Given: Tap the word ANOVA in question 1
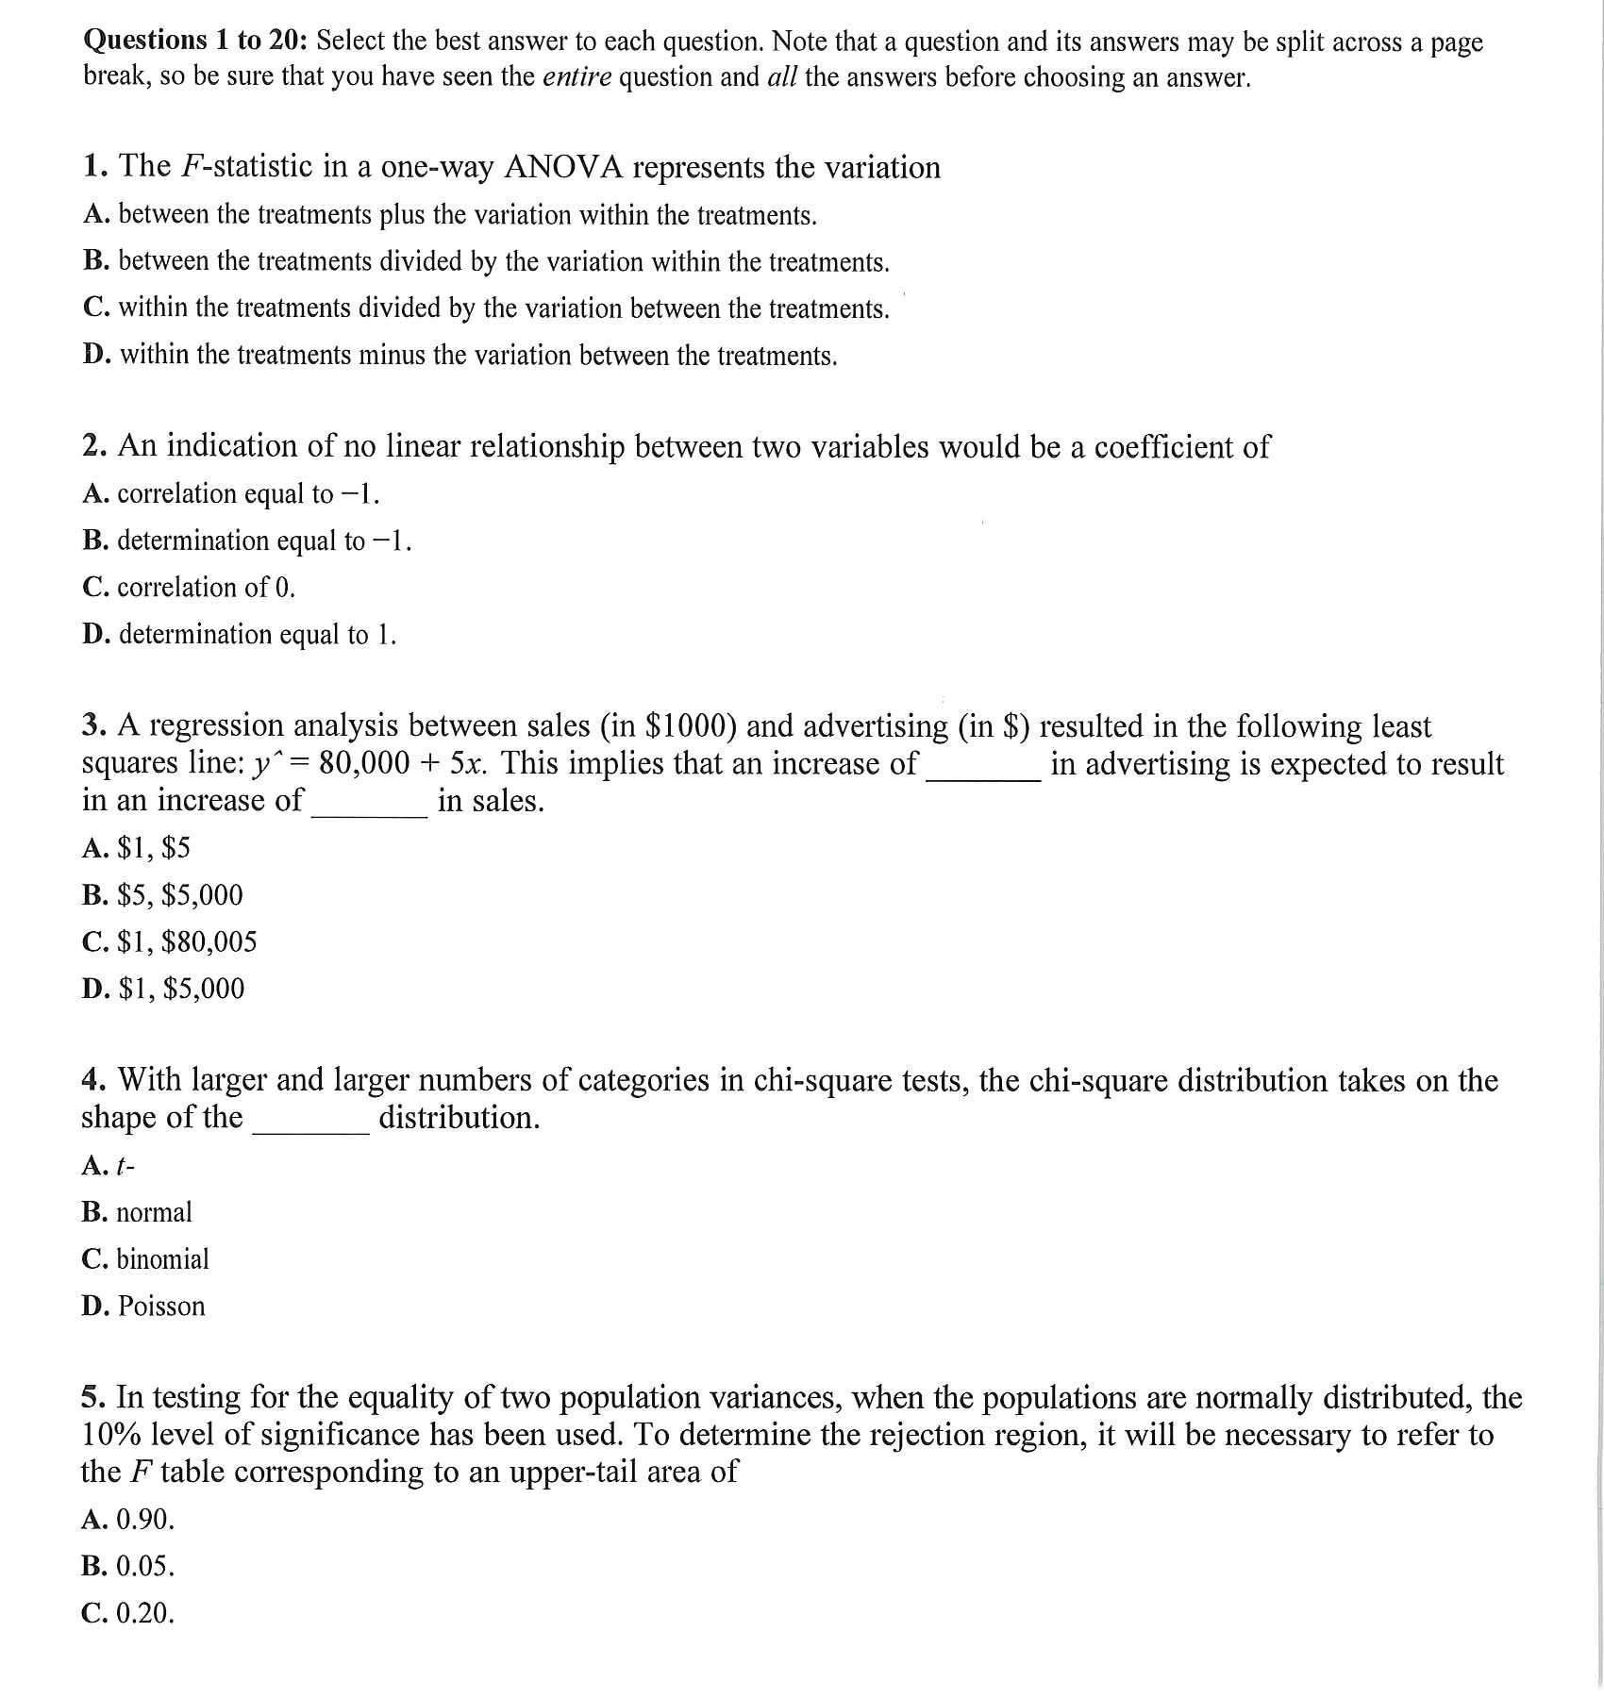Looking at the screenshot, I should click(563, 167).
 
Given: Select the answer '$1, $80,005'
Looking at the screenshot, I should click(187, 941).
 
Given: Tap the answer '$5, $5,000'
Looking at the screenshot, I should click(179, 894).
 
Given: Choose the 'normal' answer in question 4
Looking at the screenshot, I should click(154, 1212).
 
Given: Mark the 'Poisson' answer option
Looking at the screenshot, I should click(161, 1307).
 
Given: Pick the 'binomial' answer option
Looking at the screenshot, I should click(162, 1259).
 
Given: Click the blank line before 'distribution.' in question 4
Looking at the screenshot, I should click(310, 1129).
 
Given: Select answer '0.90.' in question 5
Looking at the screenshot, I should click(145, 1519).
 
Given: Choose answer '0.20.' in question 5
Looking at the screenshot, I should click(145, 1613).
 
